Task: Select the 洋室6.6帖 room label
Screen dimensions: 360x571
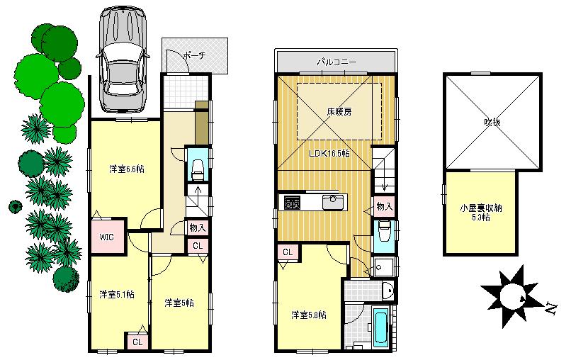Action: coord(127,169)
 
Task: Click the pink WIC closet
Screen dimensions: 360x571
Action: coord(107,237)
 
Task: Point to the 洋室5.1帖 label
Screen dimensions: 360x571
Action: coord(116,293)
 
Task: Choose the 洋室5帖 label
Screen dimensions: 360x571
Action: coord(179,302)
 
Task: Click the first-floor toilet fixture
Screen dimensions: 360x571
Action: coord(198,168)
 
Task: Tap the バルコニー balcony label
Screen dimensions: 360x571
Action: coord(337,62)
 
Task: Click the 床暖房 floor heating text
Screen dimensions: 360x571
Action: coord(339,111)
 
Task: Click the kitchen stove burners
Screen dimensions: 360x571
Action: coord(292,203)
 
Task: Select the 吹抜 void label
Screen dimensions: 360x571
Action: coord(492,122)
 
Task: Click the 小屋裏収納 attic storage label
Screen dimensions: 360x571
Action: coord(481,212)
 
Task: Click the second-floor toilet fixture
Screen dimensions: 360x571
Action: coord(383,232)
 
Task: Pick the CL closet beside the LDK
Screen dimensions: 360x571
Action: coord(288,252)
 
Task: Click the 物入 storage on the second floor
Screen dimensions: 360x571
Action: coord(383,206)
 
